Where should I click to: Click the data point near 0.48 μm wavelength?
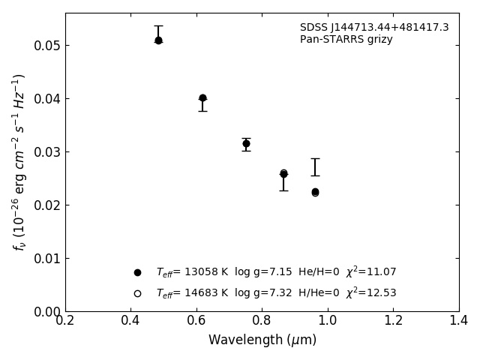click(158, 40)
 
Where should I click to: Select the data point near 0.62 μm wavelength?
click(202, 98)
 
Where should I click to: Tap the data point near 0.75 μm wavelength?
click(246, 143)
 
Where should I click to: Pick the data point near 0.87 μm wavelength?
click(283, 174)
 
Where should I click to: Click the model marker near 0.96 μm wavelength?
click(315, 193)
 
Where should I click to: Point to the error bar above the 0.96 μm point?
click(315, 167)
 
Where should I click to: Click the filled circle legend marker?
click(137, 272)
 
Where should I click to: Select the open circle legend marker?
click(137, 293)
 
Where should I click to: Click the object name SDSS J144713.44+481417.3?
click(374, 28)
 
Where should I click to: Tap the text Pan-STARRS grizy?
click(346, 40)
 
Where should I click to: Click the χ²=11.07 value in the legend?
click(370, 272)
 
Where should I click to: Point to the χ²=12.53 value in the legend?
click(370, 293)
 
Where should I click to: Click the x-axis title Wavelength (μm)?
click(262, 340)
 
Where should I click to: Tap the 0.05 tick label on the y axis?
click(46, 46)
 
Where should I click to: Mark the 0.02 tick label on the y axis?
click(46, 205)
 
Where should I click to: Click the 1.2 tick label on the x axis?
click(393, 320)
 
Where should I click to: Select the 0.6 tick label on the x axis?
click(196, 320)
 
